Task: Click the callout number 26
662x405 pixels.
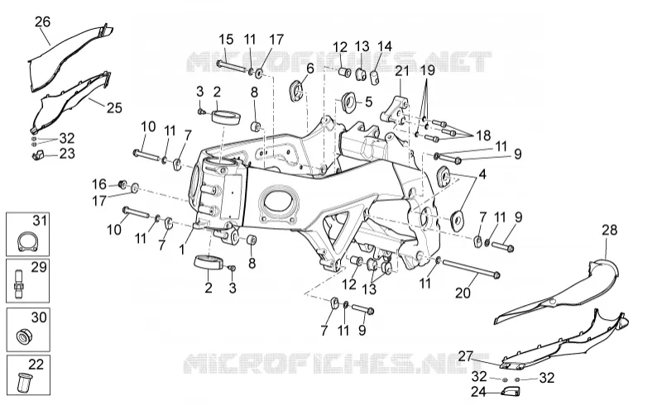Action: coord(42,21)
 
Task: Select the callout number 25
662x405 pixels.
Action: coord(114,107)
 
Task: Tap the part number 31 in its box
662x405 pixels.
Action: coord(40,220)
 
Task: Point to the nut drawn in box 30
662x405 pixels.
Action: coord(25,336)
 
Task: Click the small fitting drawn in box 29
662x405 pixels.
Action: coord(19,281)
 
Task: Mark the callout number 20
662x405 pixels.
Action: coord(463,293)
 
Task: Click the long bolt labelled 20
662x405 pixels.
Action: coord(470,269)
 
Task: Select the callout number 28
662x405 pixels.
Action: coord(609,230)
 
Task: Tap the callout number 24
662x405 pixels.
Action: coord(478,392)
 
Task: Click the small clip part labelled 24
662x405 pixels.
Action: coord(510,391)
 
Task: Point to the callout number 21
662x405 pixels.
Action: coord(402,71)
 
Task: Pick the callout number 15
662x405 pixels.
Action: coord(226,40)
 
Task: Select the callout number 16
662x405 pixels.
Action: coord(99,184)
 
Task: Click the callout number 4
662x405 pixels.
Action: coord(482,174)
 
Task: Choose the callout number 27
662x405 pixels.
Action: coord(465,356)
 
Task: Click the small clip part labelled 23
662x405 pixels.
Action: coord(38,155)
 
